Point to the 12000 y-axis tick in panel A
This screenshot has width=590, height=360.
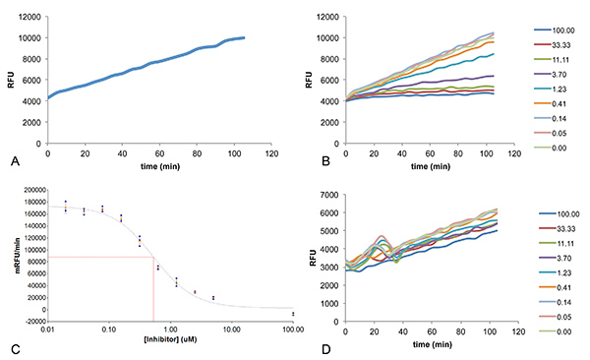click(29, 18)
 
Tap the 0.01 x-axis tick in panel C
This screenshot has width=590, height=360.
click(47, 328)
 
